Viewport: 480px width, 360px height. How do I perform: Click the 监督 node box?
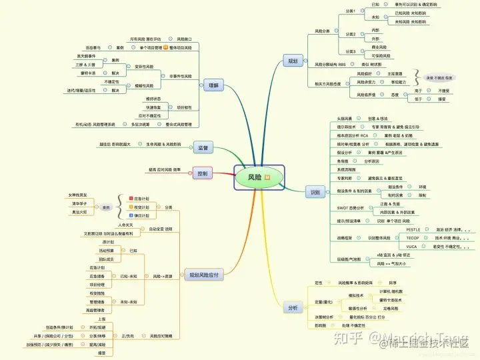(x=203, y=147)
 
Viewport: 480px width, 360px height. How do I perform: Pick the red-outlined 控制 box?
(x=203, y=174)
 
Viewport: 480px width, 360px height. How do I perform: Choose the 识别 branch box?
(x=315, y=192)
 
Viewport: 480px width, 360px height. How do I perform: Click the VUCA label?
(x=412, y=245)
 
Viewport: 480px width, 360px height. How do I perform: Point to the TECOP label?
(x=413, y=237)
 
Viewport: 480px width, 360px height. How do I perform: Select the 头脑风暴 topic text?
(x=345, y=117)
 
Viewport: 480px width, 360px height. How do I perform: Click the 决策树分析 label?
(x=327, y=317)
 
